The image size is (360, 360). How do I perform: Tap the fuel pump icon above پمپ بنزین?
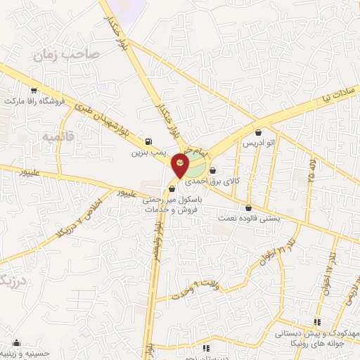click(148, 140)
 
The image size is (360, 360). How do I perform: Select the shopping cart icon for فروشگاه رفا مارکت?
click(34, 90)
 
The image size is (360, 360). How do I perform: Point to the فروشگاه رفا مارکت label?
click(34, 101)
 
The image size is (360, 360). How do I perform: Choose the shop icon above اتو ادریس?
click(259, 131)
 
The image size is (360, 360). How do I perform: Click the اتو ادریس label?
click(259, 142)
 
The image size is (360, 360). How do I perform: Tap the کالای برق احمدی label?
click(238, 181)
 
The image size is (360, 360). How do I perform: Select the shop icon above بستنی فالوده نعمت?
click(248, 207)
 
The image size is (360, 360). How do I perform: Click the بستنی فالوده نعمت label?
click(248, 218)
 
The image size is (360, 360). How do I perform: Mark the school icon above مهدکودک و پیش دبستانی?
click(316, 322)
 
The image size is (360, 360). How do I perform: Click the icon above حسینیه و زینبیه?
click(15, 344)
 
